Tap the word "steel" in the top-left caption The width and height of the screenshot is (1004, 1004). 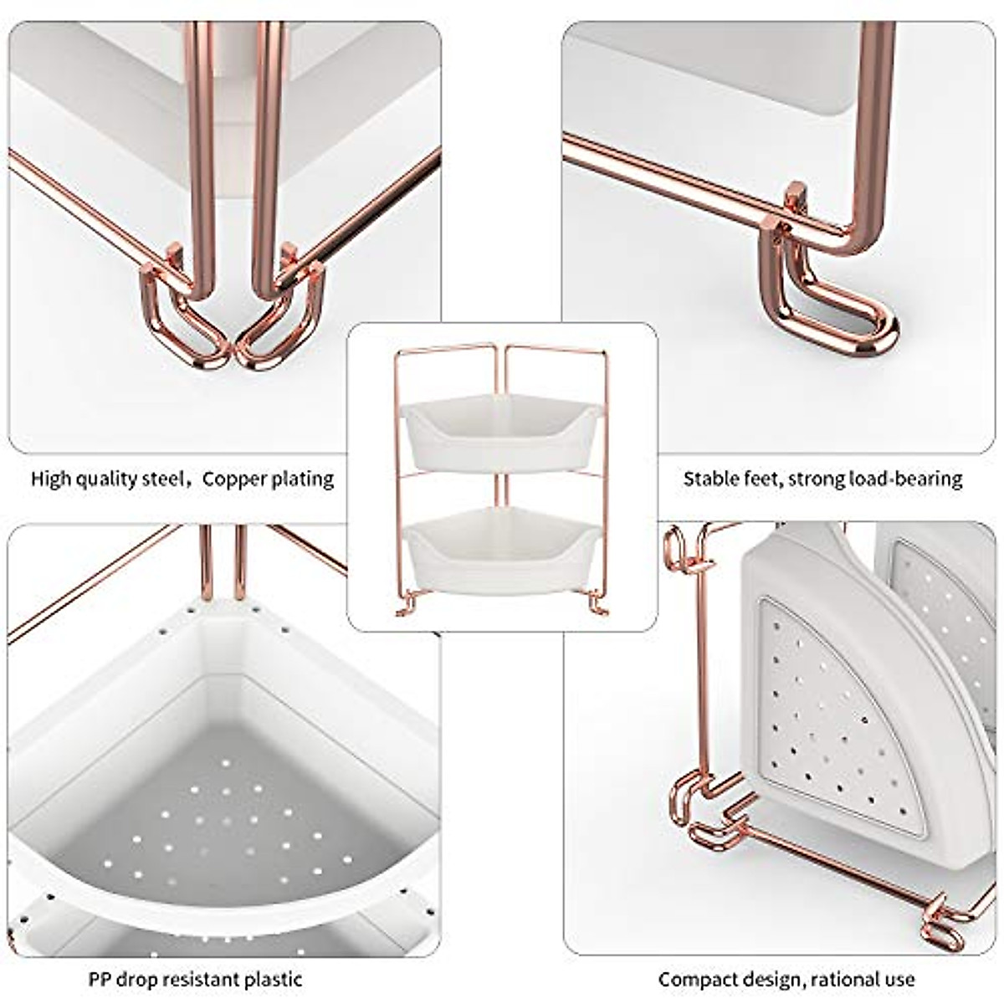click(163, 479)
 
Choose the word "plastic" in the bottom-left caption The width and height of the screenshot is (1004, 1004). click(272, 979)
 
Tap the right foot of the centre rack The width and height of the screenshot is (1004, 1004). click(597, 604)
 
